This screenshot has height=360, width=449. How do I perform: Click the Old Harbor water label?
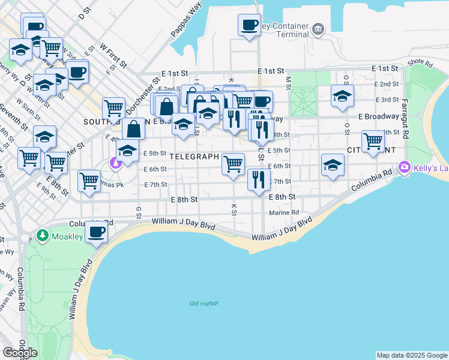pos(203,303)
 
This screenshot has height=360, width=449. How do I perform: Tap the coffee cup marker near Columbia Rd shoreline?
pos(96,232)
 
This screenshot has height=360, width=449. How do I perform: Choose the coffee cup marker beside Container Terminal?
pos(249,25)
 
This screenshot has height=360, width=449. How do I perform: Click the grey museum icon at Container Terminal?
pos(318,28)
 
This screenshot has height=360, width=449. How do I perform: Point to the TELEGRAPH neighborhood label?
pos(193,157)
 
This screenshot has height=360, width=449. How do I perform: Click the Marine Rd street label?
pos(284,212)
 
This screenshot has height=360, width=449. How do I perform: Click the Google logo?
pos(20,353)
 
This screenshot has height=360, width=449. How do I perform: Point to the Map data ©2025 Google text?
pos(411,355)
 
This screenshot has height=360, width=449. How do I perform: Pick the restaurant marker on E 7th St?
pos(258,179)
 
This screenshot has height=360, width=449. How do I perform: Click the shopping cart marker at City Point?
pos(373,142)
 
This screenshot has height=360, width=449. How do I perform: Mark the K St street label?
pos(234,208)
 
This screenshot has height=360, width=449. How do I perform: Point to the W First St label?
pos(113,55)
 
